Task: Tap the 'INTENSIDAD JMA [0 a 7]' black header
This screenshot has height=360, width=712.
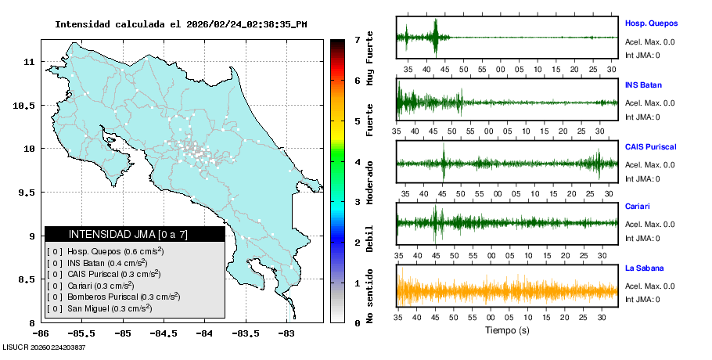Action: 135,234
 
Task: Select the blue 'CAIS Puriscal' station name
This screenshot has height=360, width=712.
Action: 650,147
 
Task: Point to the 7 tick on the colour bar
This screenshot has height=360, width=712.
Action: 357,39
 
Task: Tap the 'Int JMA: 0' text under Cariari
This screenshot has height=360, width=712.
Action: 642,239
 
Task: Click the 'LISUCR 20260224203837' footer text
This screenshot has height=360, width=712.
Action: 45,347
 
